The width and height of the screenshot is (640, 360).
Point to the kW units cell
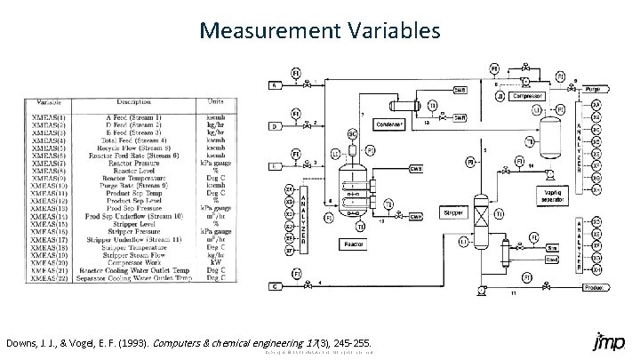pyautogui.click(x=217, y=264)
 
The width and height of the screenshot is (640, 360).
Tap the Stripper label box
pyautogui.click(x=454, y=212)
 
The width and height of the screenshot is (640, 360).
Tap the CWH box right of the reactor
pyautogui.click(x=415, y=214)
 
